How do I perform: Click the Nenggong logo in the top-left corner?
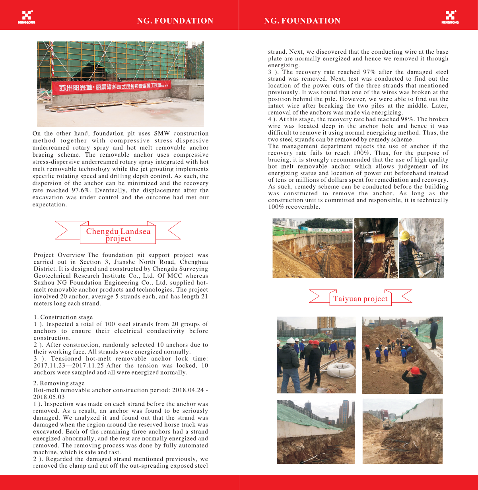(x=26, y=17)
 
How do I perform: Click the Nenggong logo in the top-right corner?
(x=450, y=17)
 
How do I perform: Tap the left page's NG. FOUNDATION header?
(x=175, y=21)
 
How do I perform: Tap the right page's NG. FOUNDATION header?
(x=302, y=21)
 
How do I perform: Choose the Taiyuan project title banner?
(x=360, y=299)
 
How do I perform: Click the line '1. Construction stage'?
(x=63, y=317)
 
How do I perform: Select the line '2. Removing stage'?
(x=59, y=383)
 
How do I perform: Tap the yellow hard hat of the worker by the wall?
(x=405, y=235)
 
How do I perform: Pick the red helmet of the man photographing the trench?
(x=415, y=370)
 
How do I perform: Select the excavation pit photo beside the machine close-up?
(x=312, y=248)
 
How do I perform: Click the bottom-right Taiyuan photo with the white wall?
(x=402, y=431)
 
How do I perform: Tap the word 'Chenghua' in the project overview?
(x=194, y=262)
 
